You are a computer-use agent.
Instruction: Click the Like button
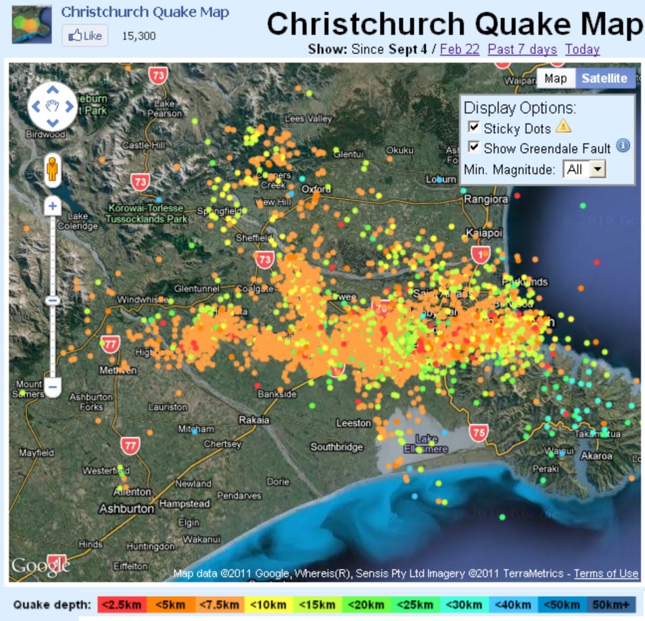click(x=85, y=35)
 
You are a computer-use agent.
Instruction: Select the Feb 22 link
click(x=459, y=49)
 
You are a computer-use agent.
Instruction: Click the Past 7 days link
click(x=522, y=49)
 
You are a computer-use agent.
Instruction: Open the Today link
click(x=582, y=49)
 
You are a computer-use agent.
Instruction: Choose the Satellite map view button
click(x=604, y=78)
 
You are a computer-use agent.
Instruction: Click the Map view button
click(x=555, y=78)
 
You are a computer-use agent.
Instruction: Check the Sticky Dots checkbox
click(x=474, y=127)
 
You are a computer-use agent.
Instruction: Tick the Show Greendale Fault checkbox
click(x=474, y=147)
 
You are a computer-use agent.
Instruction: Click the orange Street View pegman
click(x=52, y=169)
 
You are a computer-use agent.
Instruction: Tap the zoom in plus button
click(x=52, y=206)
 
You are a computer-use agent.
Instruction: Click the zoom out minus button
click(x=52, y=386)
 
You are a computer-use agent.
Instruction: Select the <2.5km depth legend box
click(x=121, y=605)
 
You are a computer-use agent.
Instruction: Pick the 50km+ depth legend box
click(x=611, y=605)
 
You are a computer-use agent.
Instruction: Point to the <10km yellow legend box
click(x=268, y=605)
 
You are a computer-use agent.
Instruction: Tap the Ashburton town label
click(x=126, y=508)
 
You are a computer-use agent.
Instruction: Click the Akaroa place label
click(x=596, y=456)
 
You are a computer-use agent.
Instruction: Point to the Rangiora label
click(x=485, y=199)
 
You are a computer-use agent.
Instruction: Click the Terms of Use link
click(x=606, y=573)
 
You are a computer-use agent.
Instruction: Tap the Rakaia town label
click(x=254, y=420)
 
